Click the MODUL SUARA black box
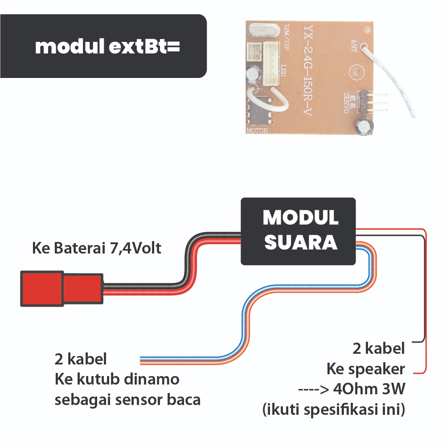[298, 231]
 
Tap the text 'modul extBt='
[107, 46]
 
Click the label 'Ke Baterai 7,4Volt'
[97, 248]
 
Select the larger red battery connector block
[41, 289]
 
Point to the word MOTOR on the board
[257, 131]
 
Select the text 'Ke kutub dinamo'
[117, 380]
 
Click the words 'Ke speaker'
[365, 369]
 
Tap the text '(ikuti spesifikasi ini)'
[333, 409]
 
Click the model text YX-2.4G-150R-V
[307, 67]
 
